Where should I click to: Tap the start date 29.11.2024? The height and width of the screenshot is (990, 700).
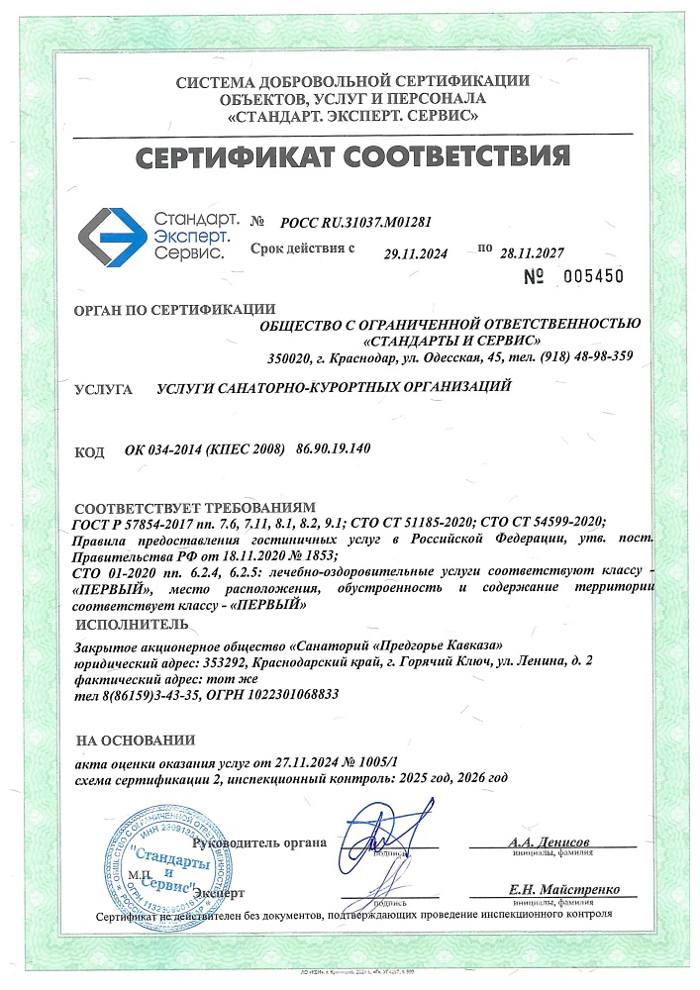416,254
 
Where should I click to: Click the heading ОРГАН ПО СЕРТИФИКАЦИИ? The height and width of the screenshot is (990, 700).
174,310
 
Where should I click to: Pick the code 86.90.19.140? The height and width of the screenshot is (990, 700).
333,449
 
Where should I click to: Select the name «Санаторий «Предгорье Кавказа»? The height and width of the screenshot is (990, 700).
407,645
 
